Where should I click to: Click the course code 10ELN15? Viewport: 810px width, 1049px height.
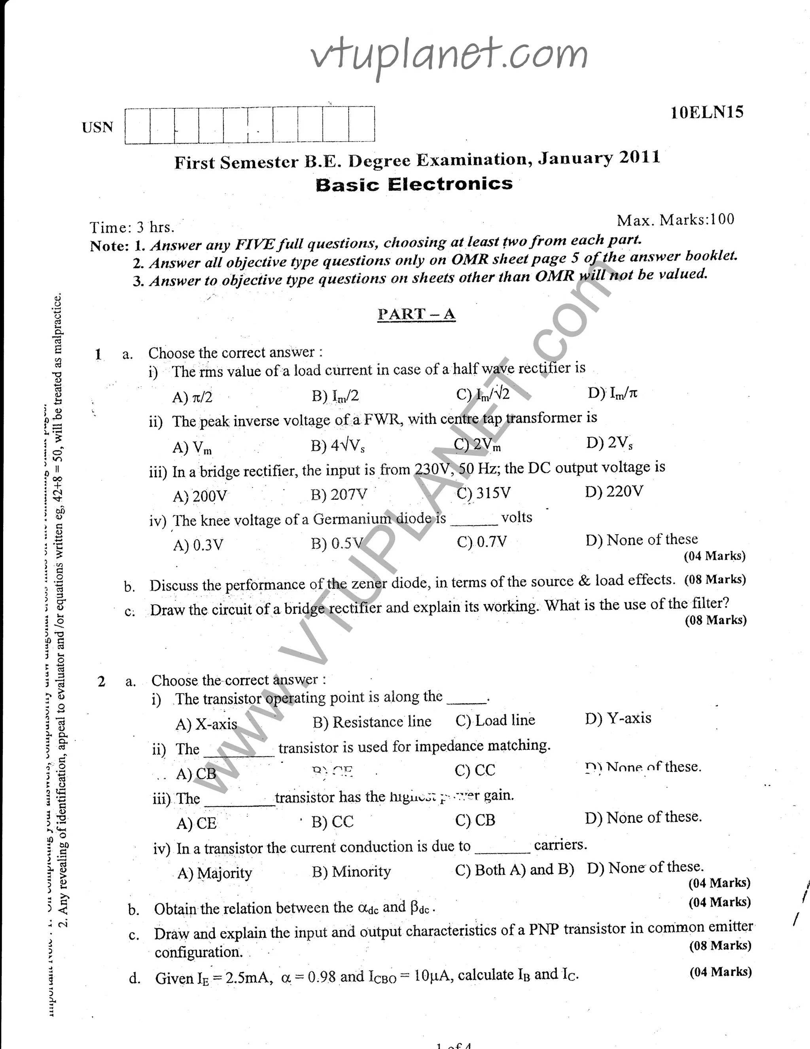pyautogui.click(x=707, y=112)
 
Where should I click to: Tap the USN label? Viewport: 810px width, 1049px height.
pyautogui.click(x=97, y=127)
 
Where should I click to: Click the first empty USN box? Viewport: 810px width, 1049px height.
pyautogui.click(x=137, y=126)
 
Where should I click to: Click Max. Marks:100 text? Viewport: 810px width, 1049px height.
pyautogui.click(x=675, y=220)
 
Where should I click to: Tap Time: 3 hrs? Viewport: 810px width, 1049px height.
pyautogui.click(x=132, y=227)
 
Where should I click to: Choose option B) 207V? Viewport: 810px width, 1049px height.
pyautogui.click(x=339, y=494)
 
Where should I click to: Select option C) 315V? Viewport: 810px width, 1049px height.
pyautogui.click(x=484, y=493)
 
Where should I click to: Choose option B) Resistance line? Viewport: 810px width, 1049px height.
pyautogui.click(x=372, y=722)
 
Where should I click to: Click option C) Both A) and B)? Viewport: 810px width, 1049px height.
pyautogui.click(x=514, y=870)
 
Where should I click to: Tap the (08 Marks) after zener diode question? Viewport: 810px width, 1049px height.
pyautogui.click(x=715, y=579)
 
